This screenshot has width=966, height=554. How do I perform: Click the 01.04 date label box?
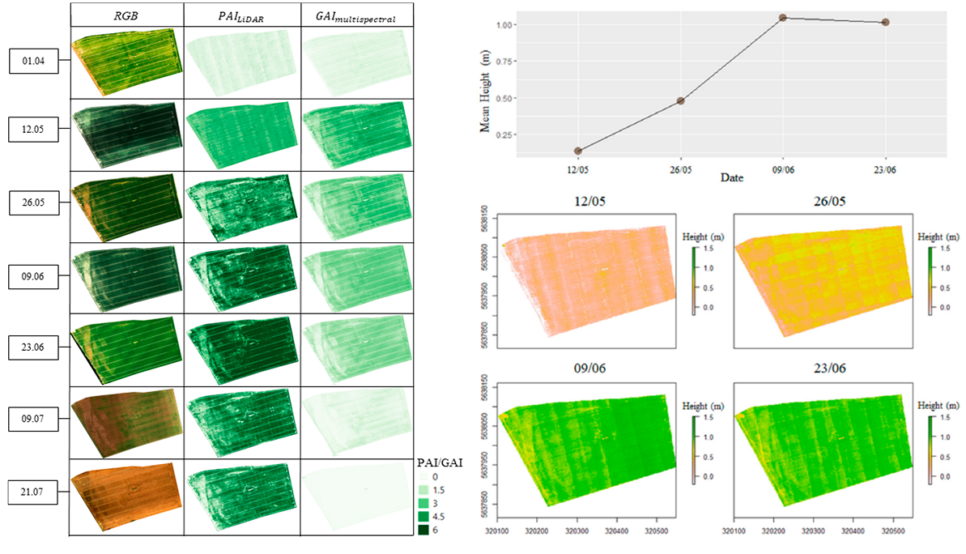(x=35, y=60)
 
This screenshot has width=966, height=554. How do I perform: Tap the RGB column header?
(x=126, y=15)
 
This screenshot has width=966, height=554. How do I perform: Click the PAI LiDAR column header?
(x=240, y=15)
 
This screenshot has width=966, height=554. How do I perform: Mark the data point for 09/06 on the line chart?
(x=783, y=18)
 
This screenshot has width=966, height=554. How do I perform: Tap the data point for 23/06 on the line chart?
(x=885, y=22)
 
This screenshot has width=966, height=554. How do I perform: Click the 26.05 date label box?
(x=35, y=204)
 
